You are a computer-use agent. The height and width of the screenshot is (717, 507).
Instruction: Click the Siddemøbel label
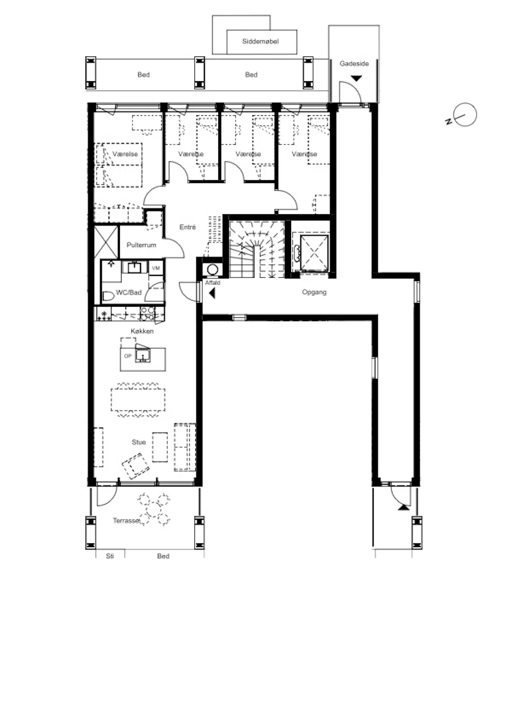[x=260, y=41]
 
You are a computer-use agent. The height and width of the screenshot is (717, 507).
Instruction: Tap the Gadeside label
[x=354, y=63]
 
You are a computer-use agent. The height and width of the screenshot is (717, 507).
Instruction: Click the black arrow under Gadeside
[x=356, y=78]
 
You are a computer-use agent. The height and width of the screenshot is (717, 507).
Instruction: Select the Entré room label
[x=188, y=227]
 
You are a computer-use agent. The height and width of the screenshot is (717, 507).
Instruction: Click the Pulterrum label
[x=141, y=245]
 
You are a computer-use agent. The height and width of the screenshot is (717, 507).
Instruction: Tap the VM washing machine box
[x=156, y=268]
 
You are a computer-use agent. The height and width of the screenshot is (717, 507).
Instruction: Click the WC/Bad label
[x=129, y=292]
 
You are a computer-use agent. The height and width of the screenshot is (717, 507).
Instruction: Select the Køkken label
[x=142, y=331]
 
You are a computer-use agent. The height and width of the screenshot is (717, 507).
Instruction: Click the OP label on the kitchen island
[x=128, y=356]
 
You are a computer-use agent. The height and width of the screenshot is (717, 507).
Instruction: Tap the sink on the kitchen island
[x=143, y=356]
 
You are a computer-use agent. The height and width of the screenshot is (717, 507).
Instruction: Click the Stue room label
[x=139, y=442]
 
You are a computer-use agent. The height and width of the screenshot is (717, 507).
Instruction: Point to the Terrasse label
[x=126, y=521]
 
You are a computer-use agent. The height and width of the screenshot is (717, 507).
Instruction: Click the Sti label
[x=110, y=556]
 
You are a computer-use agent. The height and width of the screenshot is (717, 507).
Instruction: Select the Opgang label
[x=314, y=292]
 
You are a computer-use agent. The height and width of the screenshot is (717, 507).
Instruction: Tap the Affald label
[x=213, y=282]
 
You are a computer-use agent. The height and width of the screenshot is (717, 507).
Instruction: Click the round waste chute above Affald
[x=212, y=269]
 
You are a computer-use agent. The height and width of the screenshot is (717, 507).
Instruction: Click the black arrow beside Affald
[x=212, y=293]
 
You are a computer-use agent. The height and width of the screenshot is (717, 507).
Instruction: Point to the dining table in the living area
[x=138, y=400]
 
